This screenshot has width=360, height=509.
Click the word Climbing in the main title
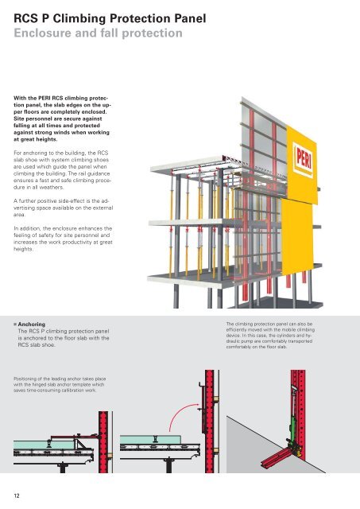pyautogui.click(x=79, y=19)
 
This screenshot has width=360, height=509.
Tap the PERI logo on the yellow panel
pyautogui.click(x=304, y=160)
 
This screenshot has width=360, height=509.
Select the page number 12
pyautogui.click(x=17, y=495)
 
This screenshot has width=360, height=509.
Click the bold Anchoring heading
pyautogui.click(x=32, y=324)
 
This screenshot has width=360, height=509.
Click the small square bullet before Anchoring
pyautogui.click(x=15, y=324)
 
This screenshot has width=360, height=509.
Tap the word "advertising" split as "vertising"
pyautogui.click(x=26, y=208)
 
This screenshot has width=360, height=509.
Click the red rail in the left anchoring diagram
pyautogui.click(x=103, y=442)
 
